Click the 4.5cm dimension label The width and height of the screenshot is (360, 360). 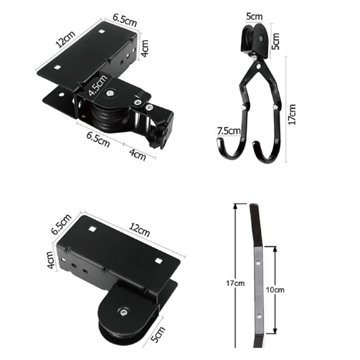97,86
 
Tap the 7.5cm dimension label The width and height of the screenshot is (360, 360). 229,131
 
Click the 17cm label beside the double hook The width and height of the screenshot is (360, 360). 292,114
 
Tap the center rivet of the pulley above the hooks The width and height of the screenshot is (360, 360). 261,38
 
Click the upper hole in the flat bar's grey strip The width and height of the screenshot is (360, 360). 257,262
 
